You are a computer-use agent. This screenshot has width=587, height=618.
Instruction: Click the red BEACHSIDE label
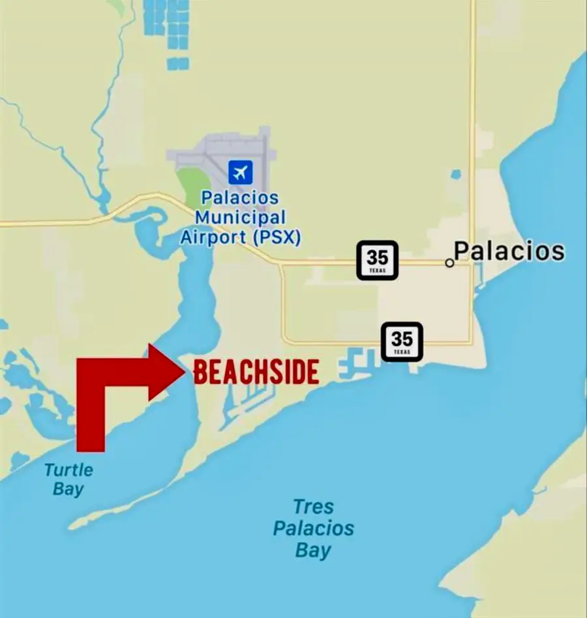256,372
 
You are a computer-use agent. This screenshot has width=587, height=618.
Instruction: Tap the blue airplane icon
240,172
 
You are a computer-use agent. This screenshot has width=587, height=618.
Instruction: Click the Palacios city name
509,251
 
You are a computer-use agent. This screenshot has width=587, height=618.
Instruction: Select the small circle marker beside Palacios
449,262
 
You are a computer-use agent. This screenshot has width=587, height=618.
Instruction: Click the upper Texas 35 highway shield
377,260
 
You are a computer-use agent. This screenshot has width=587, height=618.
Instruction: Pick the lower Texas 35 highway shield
402,341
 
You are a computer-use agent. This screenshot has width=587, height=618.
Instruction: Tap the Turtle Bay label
68,479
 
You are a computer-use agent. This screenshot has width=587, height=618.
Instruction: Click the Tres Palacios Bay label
314,528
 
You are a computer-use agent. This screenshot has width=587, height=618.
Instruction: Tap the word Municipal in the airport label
240,217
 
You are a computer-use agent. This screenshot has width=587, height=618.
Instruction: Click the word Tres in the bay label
314,506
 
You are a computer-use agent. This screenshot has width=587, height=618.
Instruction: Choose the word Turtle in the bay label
68,470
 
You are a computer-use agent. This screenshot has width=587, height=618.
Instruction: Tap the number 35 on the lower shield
402,339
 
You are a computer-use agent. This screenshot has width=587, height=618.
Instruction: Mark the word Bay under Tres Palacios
314,550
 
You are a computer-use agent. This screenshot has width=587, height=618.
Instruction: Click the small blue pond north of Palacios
455,174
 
